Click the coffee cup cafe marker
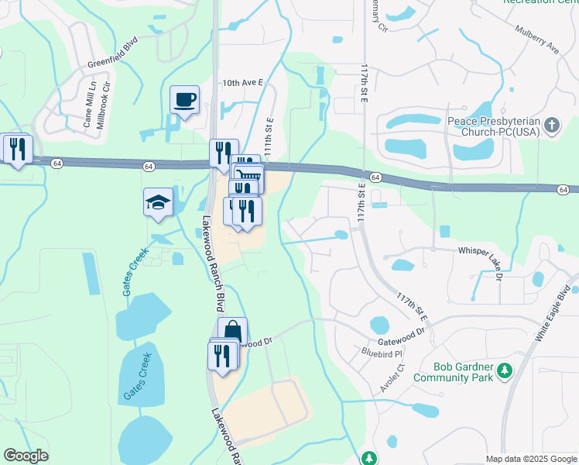[x=185, y=100]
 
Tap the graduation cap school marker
[x=159, y=203]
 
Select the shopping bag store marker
[x=232, y=332]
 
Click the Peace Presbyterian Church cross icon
[x=551, y=126]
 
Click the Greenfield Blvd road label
[x=112, y=51]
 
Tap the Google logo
[x=26, y=456]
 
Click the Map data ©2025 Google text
[x=530, y=459]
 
